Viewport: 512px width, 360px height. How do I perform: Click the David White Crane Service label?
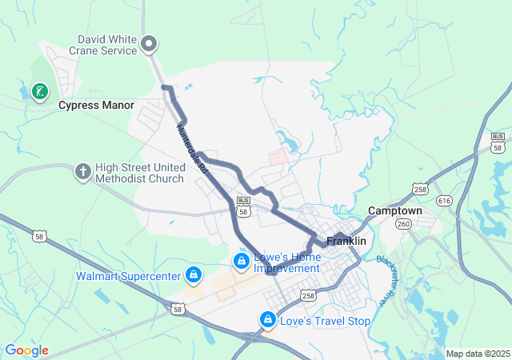107,44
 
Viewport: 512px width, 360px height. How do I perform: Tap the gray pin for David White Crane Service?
149,44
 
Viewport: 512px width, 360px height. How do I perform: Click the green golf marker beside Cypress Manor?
39,92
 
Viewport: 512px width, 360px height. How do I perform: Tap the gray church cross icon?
82,170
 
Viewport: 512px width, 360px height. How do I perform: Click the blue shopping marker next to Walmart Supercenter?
193,275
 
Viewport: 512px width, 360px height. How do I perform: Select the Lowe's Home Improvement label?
287,263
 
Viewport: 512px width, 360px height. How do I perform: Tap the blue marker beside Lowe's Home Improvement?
241,261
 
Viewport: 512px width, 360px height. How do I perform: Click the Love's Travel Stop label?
325,322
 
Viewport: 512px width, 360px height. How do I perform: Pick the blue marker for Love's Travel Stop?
267,320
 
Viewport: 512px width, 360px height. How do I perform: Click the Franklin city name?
346,241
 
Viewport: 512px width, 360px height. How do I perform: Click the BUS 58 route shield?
243,204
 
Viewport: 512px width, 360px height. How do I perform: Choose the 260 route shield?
404,224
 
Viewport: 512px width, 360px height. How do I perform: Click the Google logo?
26,350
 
